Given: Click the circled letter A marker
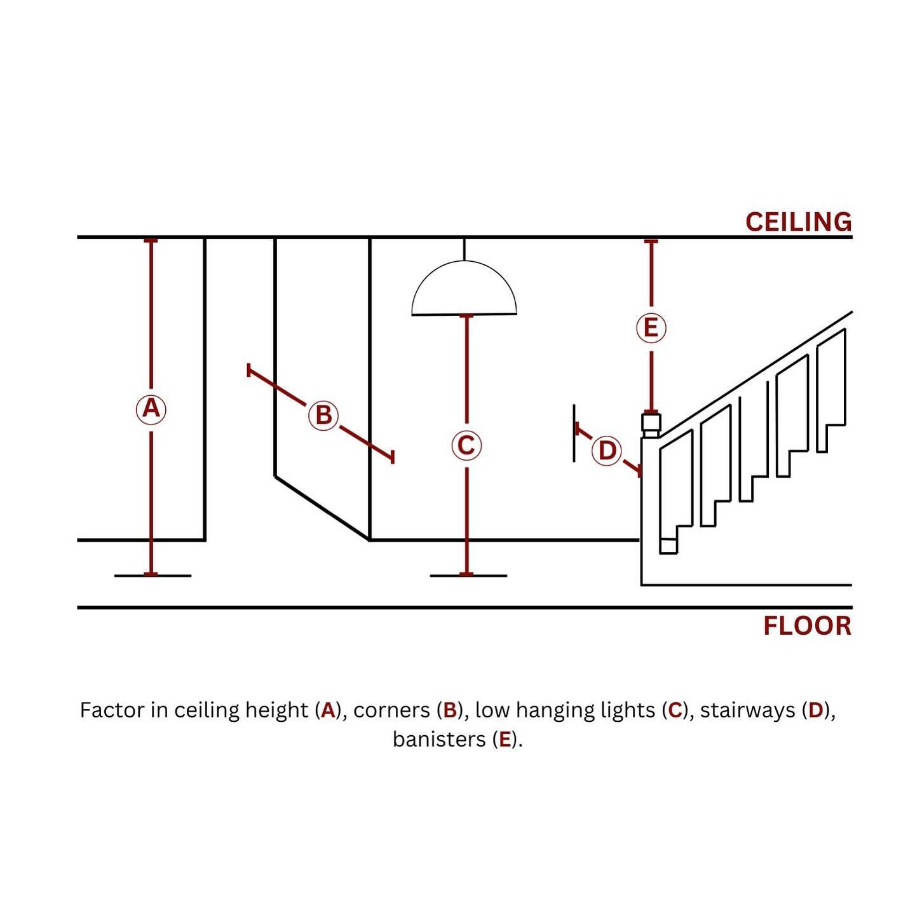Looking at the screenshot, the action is coord(151,409).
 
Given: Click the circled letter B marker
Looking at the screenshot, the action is coord(323,415).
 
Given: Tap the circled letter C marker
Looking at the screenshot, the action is coord(466,445).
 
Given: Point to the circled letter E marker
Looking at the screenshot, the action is coord(651,328).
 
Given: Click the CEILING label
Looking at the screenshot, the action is coord(799,222).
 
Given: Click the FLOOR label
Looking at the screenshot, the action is coord(807,626).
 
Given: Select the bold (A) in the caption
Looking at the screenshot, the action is coord(328,710).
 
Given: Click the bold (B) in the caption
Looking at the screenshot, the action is coord(450,710).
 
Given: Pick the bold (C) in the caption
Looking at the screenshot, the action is coord(675,710).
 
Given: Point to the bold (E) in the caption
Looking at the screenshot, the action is coord(505,740).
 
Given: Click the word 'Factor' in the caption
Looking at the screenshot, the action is coord(112,710).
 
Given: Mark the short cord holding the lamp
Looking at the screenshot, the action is coord(464,249).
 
